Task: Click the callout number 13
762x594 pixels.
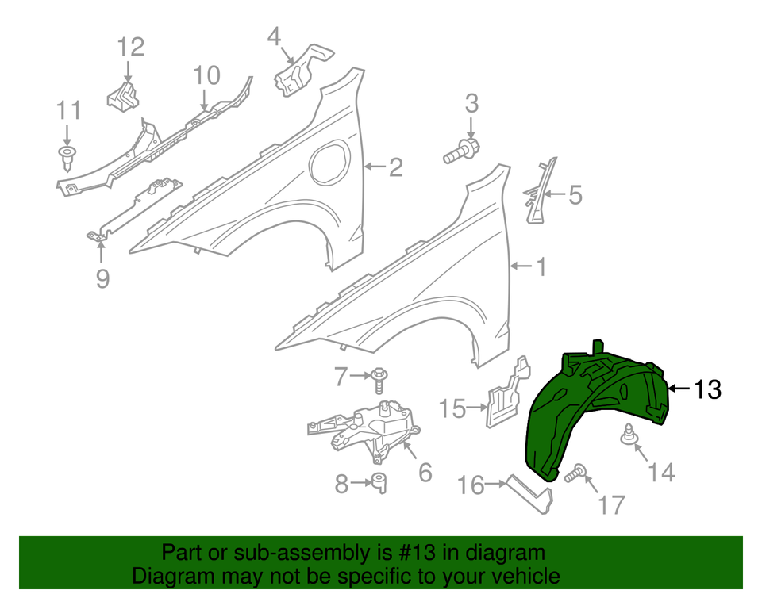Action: [x=707, y=389]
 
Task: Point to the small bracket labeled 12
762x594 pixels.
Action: [x=124, y=97]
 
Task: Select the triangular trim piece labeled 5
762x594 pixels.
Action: [x=539, y=189]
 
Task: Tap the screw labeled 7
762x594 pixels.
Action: [x=379, y=380]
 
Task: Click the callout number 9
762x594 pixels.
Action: [x=102, y=278]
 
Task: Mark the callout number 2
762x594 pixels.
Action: [x=394, y=167]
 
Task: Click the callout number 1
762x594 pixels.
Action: [x=540, y=267]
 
